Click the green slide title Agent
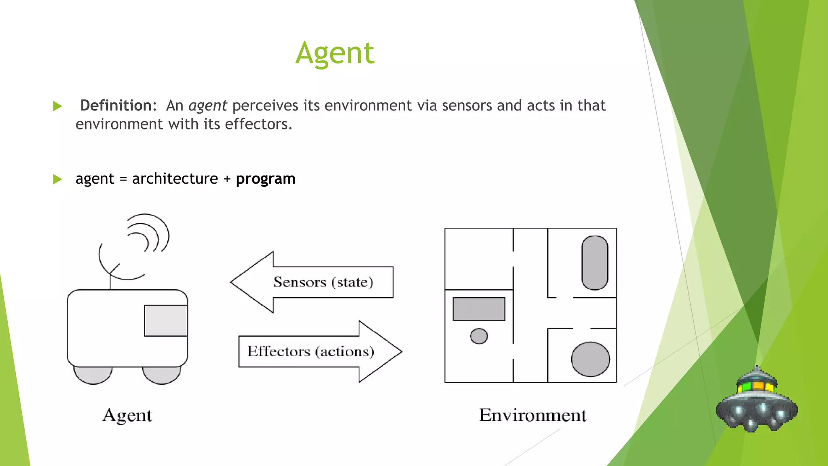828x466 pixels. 335,53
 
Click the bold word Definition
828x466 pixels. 116,106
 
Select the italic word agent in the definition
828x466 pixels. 207,106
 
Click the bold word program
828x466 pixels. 265,179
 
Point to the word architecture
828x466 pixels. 175,179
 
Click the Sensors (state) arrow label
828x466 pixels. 323,282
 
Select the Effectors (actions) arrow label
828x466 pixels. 310,351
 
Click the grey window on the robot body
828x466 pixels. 166,320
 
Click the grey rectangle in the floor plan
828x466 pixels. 479,309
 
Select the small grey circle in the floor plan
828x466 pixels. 479,336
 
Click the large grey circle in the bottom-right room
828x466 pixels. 590,359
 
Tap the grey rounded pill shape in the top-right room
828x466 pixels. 594,263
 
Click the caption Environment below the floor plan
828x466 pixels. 532,415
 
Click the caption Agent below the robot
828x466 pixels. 127,415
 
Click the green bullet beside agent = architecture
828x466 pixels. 57,179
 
